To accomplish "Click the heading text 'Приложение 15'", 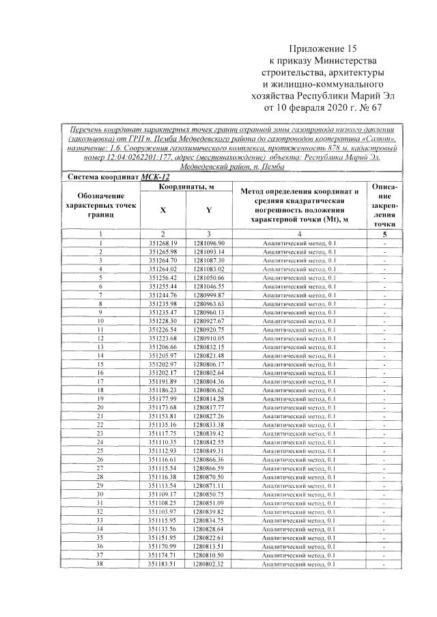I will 323,49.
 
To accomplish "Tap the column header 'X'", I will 163,210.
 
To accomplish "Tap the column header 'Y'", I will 208,210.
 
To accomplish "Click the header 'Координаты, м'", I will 185,187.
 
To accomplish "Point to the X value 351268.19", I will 163,243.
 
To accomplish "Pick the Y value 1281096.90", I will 208,243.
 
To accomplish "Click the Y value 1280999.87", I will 208,294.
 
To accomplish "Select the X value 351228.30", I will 163,320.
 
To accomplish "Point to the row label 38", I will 100,564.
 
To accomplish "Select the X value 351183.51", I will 163,564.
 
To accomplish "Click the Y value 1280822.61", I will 208,538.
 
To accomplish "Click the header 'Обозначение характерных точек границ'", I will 100,205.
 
